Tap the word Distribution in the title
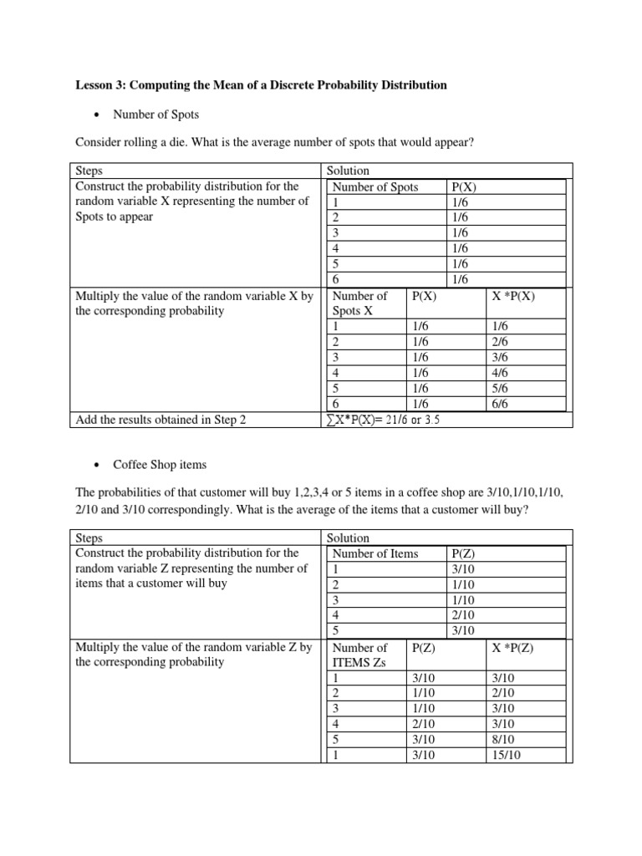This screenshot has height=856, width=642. (x=409, y=85)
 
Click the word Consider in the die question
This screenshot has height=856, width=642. (x=98, y=143)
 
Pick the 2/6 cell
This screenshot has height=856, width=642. (x=501, y=342)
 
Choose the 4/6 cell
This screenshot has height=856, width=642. (x=501, y=374)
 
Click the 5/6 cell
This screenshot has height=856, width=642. (x=501, y=389)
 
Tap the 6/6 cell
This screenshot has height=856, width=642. (x=501, y=405)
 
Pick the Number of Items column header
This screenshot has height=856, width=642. (x=375, y=553)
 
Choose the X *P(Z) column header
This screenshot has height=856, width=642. (x=514, y=647)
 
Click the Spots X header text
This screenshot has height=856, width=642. (x=353, y=311)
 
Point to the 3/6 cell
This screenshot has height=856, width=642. (x=501, y=358)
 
